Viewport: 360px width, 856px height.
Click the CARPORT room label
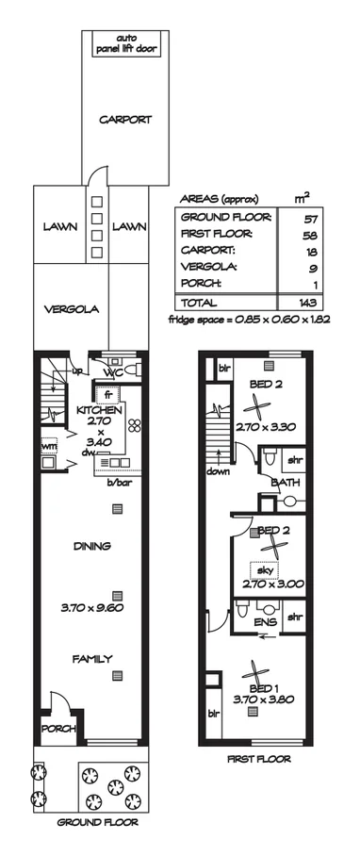(x=125, y=120)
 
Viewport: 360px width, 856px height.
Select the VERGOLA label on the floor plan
(x=71, y=308)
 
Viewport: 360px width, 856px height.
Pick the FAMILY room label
(x=93, y=658)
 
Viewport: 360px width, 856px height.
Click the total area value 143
(x=302, y=303)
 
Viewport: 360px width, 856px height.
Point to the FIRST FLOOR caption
(x=258, y=758)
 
